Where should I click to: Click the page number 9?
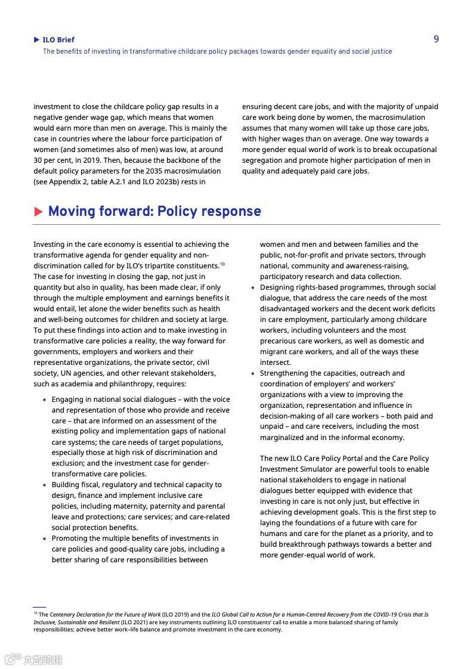436,39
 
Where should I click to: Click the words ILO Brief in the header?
58,40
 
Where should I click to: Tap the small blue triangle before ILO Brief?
37,40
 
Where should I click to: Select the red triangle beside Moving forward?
39,212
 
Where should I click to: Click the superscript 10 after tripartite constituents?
222,264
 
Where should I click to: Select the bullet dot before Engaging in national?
44,400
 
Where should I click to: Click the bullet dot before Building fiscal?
44,485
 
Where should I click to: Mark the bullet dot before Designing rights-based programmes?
253,288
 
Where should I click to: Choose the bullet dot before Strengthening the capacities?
253,374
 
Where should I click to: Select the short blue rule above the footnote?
39,607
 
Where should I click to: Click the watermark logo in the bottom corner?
33,659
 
